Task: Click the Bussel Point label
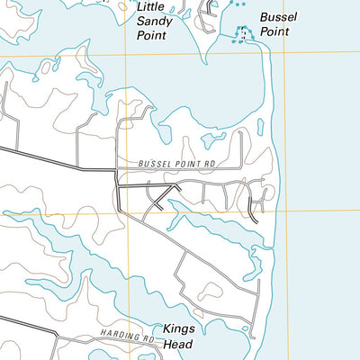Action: click(278, 24)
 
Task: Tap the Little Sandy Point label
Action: click(152, 21)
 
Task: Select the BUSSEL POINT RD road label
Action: click(179, 164)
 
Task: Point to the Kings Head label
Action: click(178, 336)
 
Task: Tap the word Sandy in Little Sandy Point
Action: click(152, 21)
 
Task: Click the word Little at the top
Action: click(149, 6)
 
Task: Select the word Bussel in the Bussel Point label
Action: click(278, 17)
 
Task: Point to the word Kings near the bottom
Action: click(178, 328)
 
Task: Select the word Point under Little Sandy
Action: click(152, 36)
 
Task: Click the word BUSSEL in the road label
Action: click(155, 164)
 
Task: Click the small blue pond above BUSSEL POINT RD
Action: click(214, 139)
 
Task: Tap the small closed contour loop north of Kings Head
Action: click(210, 291)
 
